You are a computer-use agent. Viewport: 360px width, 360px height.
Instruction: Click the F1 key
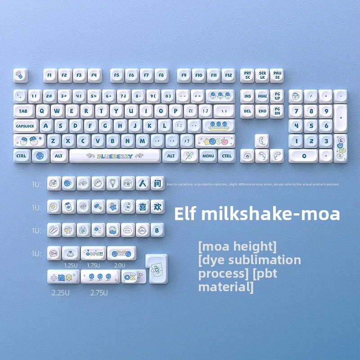(50, 75)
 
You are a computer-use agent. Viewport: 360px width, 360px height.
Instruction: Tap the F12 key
(229, 75)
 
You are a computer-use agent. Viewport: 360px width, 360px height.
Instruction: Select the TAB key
(23, 111)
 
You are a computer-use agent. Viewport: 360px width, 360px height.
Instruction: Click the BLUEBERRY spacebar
(115, 156)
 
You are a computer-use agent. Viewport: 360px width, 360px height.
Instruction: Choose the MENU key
(208, 156)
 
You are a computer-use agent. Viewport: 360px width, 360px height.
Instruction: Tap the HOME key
(262, 96)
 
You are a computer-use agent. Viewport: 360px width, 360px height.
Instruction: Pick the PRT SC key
(247, 75)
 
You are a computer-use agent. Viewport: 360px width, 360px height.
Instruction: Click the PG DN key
(277, 111)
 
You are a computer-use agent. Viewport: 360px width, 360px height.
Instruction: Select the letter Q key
(44, 111)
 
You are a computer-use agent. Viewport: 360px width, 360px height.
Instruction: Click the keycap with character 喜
(142, 207)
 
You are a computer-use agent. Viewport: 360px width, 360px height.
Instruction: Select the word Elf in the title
(186, 214)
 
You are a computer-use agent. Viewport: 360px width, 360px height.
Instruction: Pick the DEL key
(247, 111)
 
